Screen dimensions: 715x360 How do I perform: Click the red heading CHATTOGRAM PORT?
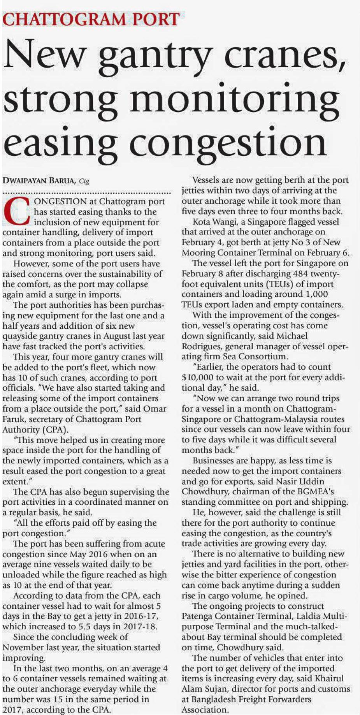point(91,18)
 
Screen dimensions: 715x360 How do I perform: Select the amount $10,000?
point(198,377)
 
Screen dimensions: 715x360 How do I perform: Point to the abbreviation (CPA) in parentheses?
point(55,430)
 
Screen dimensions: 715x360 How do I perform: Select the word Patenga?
point(198,616)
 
